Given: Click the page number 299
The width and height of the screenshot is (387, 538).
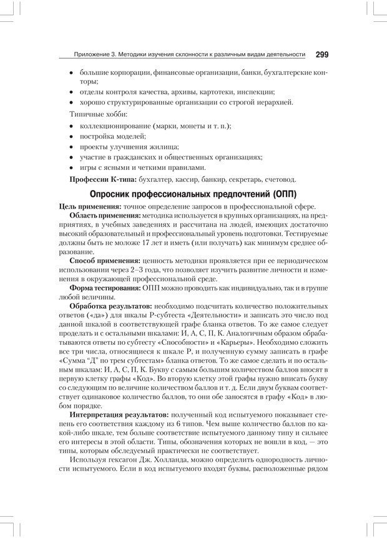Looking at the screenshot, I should (x=322, y=54).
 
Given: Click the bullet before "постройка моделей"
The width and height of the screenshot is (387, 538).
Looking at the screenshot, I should (x=72, y=136).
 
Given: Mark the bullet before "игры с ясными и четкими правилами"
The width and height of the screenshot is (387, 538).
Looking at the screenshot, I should (x=72, y=167).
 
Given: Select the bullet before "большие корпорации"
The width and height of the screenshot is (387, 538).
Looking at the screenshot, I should (x=72, y=73).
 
